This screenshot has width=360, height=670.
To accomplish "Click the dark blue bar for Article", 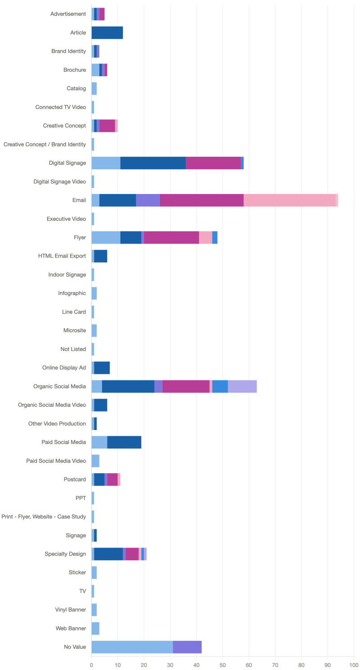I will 107,33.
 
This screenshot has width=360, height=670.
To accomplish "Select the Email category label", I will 79,200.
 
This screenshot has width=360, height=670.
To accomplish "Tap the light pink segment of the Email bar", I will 289,200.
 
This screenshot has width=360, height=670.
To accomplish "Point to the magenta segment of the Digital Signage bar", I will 213,163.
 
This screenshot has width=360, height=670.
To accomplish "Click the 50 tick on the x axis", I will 223,664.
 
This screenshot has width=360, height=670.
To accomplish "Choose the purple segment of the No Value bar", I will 187,647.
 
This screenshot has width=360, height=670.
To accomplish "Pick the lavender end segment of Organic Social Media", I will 243,386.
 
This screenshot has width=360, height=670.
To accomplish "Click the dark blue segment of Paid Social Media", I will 124,442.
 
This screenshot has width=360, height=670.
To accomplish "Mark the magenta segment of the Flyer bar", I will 171,237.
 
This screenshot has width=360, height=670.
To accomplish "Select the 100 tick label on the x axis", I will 353,664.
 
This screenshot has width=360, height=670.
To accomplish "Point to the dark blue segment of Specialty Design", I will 108,554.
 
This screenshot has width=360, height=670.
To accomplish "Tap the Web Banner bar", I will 95,628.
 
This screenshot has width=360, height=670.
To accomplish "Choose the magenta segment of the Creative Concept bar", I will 107,126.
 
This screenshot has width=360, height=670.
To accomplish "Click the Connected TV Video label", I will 61,107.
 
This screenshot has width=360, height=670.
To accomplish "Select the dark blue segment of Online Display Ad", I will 102,368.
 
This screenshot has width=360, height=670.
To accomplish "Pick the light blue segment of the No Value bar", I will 132,647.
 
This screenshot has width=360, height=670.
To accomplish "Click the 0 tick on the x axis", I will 91,664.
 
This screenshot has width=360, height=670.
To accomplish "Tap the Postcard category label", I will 75,480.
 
